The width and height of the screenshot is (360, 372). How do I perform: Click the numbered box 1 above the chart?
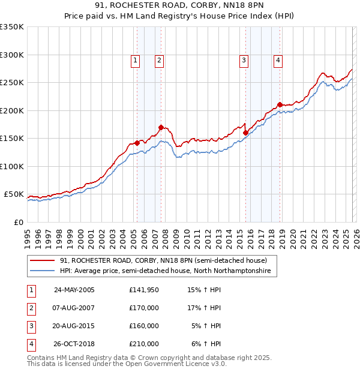pyautogui.click(x=135, y=59)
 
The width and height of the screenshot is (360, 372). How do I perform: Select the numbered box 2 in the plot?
pyautogui.click(x=159, y=59)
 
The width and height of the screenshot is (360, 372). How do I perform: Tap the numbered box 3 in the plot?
pyautogui.click(x=244, y=59)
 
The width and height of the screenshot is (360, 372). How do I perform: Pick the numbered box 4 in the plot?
pyautogui.click(x=278, y=59)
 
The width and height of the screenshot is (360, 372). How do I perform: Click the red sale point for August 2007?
pyautogui.click(x=161, y=127)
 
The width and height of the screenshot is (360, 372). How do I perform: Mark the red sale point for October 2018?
pyautogui.click(x=280, y=105)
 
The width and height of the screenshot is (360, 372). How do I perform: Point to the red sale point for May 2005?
pyautogui.click(x=137, y=143)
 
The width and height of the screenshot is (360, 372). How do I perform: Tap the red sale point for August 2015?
pyautogui.click(x=246, y=133)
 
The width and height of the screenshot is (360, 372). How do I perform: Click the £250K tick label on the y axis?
pyautogui.click(x=12, y=82)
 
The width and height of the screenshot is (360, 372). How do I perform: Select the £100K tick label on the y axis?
pyautogui.click(x=12, y=166)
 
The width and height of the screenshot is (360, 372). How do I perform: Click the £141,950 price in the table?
pyautogui.click(x=143, y=290)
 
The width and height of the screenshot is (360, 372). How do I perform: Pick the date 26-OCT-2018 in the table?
pyautogui.click(x=74, y=344)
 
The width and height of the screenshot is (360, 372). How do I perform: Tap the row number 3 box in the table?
pyautogui.click(x=31, y=326)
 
